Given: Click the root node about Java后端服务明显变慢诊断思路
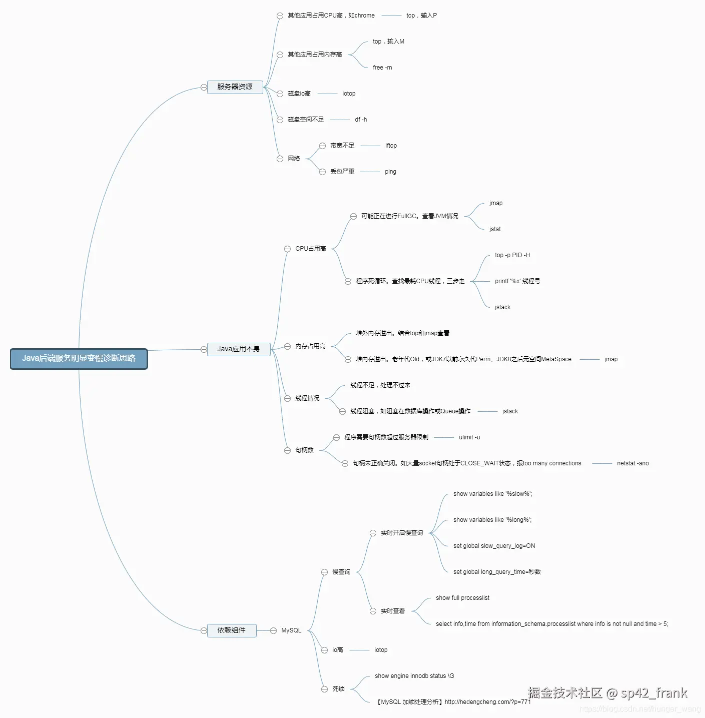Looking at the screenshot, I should pos(79,358).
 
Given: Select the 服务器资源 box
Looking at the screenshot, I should pos(235,87).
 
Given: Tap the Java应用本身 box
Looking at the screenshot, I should pos(239,349).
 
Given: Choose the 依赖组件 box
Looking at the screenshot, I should pos(232,630).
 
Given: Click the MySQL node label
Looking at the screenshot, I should pos(291,630).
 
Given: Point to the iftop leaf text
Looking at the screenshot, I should pos(391,146).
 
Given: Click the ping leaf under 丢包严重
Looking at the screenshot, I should pos(390,172).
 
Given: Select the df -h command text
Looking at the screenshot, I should pos(361,120).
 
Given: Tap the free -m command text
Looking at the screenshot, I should pos(382,68).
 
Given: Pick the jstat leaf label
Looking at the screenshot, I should pos(495,229).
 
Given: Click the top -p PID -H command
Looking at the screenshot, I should pos(512,255).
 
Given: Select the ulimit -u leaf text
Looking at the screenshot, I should pos(469,437).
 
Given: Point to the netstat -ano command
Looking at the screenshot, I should pos(632,463).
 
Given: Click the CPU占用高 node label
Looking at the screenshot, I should pos(310,249).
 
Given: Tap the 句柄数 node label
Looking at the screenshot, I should pos(304,450).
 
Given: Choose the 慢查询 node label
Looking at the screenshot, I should pos(341,572).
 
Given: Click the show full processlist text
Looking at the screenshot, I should pos(462,598).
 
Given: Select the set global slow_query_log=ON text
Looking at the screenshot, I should pos(494,546).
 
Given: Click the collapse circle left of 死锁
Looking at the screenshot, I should pos(324,689).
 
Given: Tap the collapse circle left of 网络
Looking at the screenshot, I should pos(280,159).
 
